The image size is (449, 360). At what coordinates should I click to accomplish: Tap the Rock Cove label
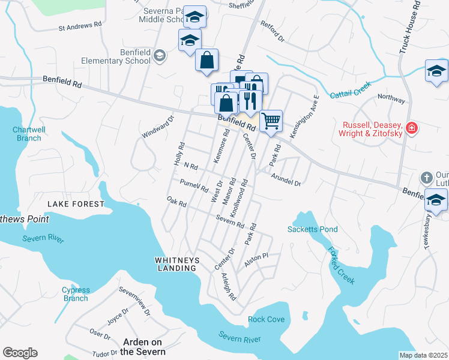(267, 319)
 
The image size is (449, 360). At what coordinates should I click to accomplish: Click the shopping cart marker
(271, 121)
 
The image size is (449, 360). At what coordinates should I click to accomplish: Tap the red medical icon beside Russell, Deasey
(411, 127)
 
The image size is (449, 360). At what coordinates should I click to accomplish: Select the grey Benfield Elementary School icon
(159, 56)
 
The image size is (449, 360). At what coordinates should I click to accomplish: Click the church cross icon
(426, 177)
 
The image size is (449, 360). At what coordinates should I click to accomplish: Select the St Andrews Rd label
(80, 26)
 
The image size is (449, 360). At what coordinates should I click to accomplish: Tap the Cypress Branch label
(76, 294)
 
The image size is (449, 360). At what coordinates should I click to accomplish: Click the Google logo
(20, 353)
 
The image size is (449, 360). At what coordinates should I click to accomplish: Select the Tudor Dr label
(104, 353)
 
